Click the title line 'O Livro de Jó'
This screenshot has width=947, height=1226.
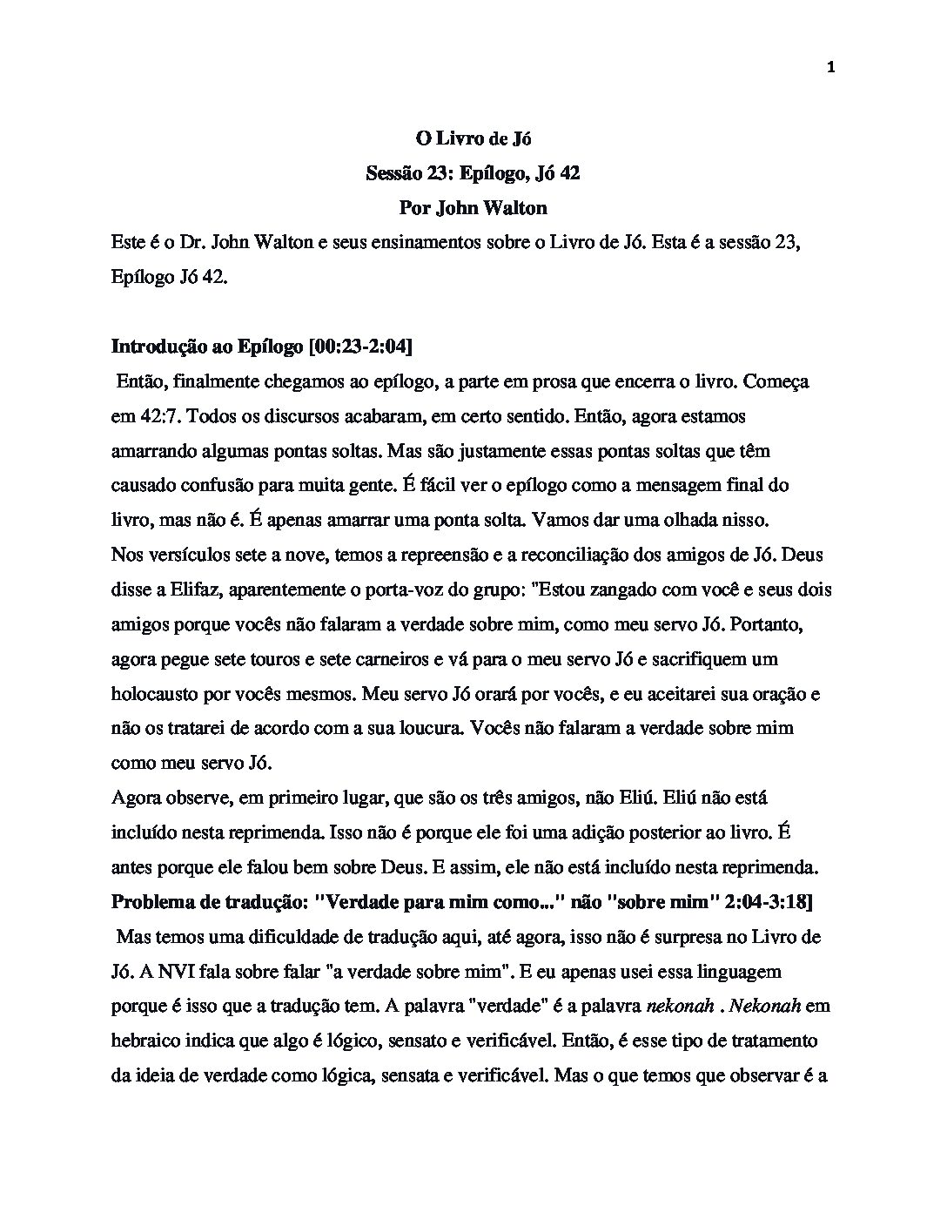click(x=473, y=138)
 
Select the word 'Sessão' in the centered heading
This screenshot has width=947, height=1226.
click(x=394, y=173)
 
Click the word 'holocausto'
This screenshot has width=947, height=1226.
click(x=153, y=694)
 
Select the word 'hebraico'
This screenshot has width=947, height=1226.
click(x=144, y=1041)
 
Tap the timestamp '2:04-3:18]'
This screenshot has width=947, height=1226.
click(x=771, y=902)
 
